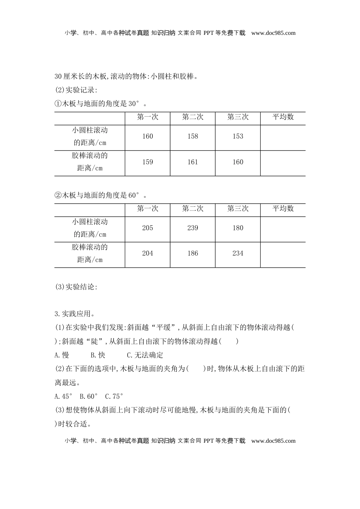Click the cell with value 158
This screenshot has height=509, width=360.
(x=193, y=136)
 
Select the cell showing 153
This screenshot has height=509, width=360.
(x=238, y=136)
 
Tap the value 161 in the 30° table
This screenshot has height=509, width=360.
(x=193, y=162)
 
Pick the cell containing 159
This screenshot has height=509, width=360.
(x=147, y=162)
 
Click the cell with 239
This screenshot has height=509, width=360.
(x=193, y=228)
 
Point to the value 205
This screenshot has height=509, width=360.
(x=147, y=228)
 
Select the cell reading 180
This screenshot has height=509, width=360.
(x=238, y=228)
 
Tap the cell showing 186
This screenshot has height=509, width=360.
(x=193, y=253)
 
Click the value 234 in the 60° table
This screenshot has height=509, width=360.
(x=238, y=253)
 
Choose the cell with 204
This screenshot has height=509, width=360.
(x=147, y=253)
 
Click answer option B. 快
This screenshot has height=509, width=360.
(x=98, y=355)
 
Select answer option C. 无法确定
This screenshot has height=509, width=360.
(x=145, y=355)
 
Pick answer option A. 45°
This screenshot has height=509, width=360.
(x=63, y=397)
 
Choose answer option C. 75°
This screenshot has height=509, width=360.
(x=114, y=397)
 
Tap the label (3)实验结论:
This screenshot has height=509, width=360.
(x=76, y=287)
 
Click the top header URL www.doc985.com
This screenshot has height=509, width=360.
(x=273, y=33)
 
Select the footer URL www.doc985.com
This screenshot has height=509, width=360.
(x=273, y=441)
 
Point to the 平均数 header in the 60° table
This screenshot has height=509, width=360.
(x=283, y=209)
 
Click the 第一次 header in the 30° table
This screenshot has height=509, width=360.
(x=147, y=117)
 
